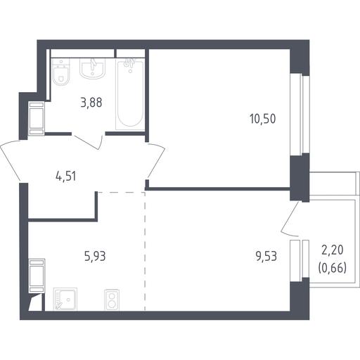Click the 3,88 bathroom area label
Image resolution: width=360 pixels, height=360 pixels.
click(91, 103)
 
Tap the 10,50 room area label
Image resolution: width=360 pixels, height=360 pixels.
click(263, 119)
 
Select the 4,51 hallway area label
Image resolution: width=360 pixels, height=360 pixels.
click(66, 176)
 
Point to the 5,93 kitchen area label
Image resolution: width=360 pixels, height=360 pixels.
click(95, 256)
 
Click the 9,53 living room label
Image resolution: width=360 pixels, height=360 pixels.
click(266, 256)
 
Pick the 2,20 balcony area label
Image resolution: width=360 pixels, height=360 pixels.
click(333, 250)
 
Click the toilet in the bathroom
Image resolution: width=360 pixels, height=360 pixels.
click(60, 72)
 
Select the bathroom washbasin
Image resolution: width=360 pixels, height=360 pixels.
click(92, 68)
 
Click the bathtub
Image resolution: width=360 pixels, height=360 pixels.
click(130, 94)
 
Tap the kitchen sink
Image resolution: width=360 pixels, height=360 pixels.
click(65, 300)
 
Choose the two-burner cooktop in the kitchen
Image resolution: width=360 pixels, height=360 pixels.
click(112, 300)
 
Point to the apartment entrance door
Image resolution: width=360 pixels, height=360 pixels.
click(10, 161)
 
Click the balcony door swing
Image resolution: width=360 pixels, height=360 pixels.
click(290, 219)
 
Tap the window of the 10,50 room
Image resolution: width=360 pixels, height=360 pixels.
click(300, 115)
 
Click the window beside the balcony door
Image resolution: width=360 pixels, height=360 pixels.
click(300, 261)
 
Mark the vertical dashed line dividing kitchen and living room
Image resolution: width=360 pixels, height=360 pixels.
click(145, 251)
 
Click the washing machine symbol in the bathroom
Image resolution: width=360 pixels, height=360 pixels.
click(37, 118)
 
